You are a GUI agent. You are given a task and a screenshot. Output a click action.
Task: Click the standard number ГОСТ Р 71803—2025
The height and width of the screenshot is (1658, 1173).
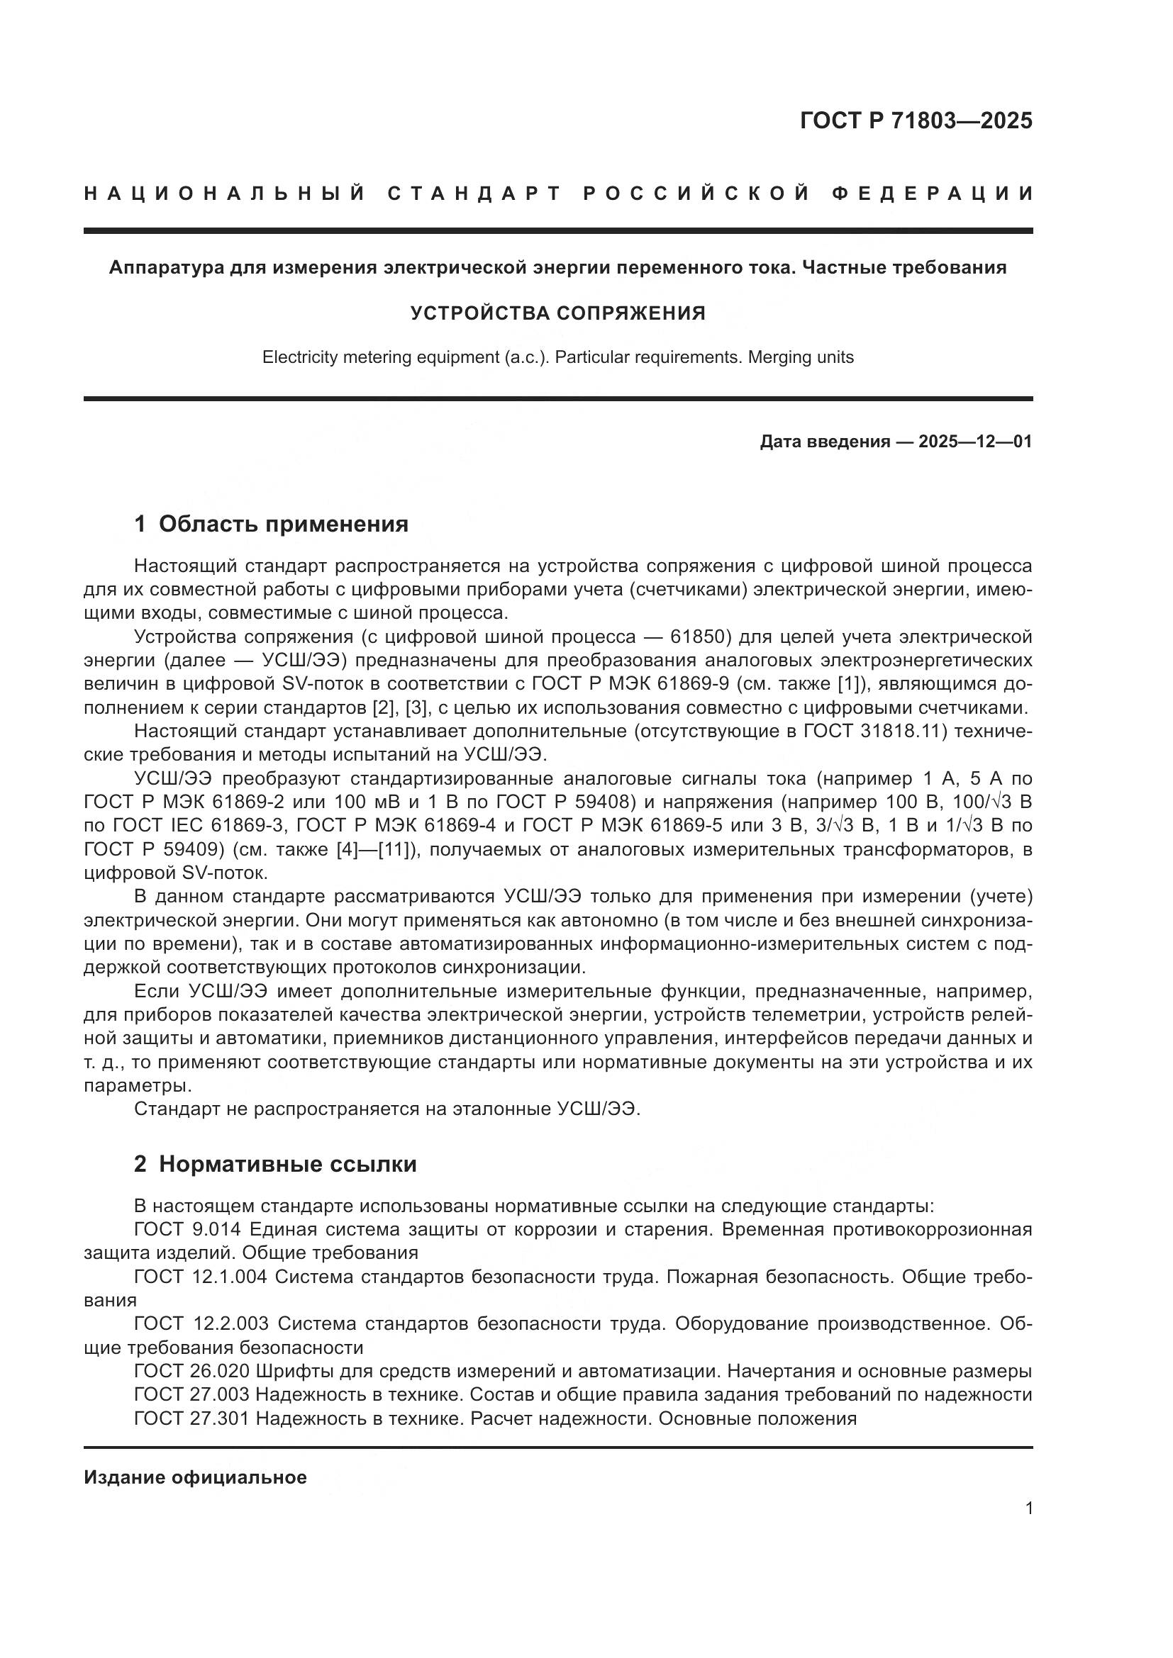(916, 121)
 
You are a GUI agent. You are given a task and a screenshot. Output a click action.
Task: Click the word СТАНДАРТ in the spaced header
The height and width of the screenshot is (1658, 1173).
(474, 194)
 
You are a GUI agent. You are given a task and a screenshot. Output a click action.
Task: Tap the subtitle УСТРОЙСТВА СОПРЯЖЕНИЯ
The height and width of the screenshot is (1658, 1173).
(557, 313)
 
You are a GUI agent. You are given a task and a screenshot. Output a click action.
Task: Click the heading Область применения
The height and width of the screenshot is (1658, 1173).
(283, 525)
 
